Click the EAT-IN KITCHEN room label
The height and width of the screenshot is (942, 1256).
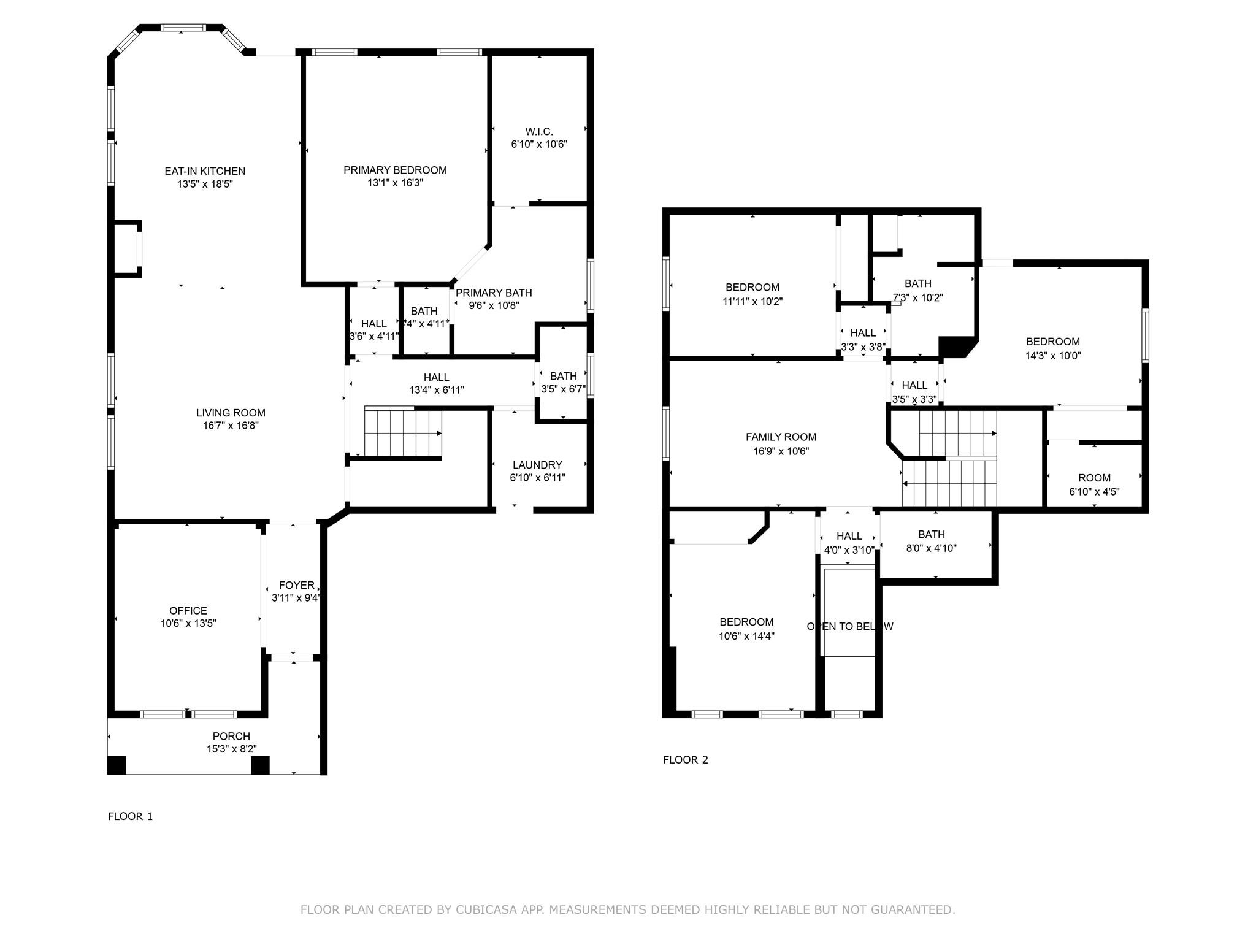(205, 171)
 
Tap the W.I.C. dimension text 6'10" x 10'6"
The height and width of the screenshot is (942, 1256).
(539, 145)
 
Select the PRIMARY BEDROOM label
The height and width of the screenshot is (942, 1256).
(395, 170)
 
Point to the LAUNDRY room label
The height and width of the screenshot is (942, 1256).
(537, 465)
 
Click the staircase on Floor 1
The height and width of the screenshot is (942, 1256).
(402, 433)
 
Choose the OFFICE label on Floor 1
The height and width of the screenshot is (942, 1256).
(188, 610)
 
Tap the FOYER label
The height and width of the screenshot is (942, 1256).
(296, 585)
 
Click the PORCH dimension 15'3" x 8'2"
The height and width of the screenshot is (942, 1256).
(231, 749)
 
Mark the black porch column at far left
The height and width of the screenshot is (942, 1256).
(117, 765)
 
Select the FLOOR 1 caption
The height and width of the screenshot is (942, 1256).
(130, 816)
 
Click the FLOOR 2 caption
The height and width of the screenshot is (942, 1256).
(685, 760)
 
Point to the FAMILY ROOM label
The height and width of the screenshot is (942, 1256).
(781, 437)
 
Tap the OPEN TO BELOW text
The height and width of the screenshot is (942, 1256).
(849, 626)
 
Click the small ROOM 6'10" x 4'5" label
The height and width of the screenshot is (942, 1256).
(1094, 478)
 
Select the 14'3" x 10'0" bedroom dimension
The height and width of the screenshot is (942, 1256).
(1053, 356)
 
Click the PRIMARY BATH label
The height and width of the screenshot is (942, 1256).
(494, 293)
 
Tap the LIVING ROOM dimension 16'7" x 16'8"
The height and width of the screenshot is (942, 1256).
(231, 426)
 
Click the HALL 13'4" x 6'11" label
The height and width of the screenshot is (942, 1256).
(436, 377)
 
